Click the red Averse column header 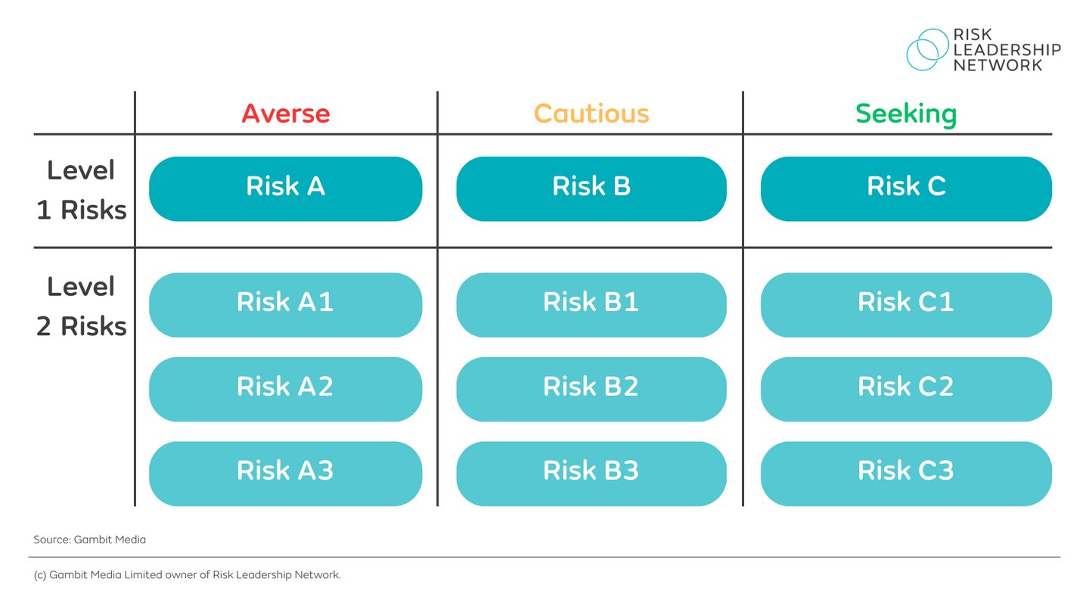286,114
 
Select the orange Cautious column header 591,114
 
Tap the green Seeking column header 906,114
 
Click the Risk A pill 285,188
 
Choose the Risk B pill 591,188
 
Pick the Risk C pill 906,188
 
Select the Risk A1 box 285,304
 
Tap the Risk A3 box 285,473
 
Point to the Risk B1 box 591,304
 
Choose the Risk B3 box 591,473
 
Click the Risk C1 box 906,304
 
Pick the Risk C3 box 906,473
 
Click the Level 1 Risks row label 82,190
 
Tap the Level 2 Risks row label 82,306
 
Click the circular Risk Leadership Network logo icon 927,50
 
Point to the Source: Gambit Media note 90,540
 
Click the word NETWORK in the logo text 997,65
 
